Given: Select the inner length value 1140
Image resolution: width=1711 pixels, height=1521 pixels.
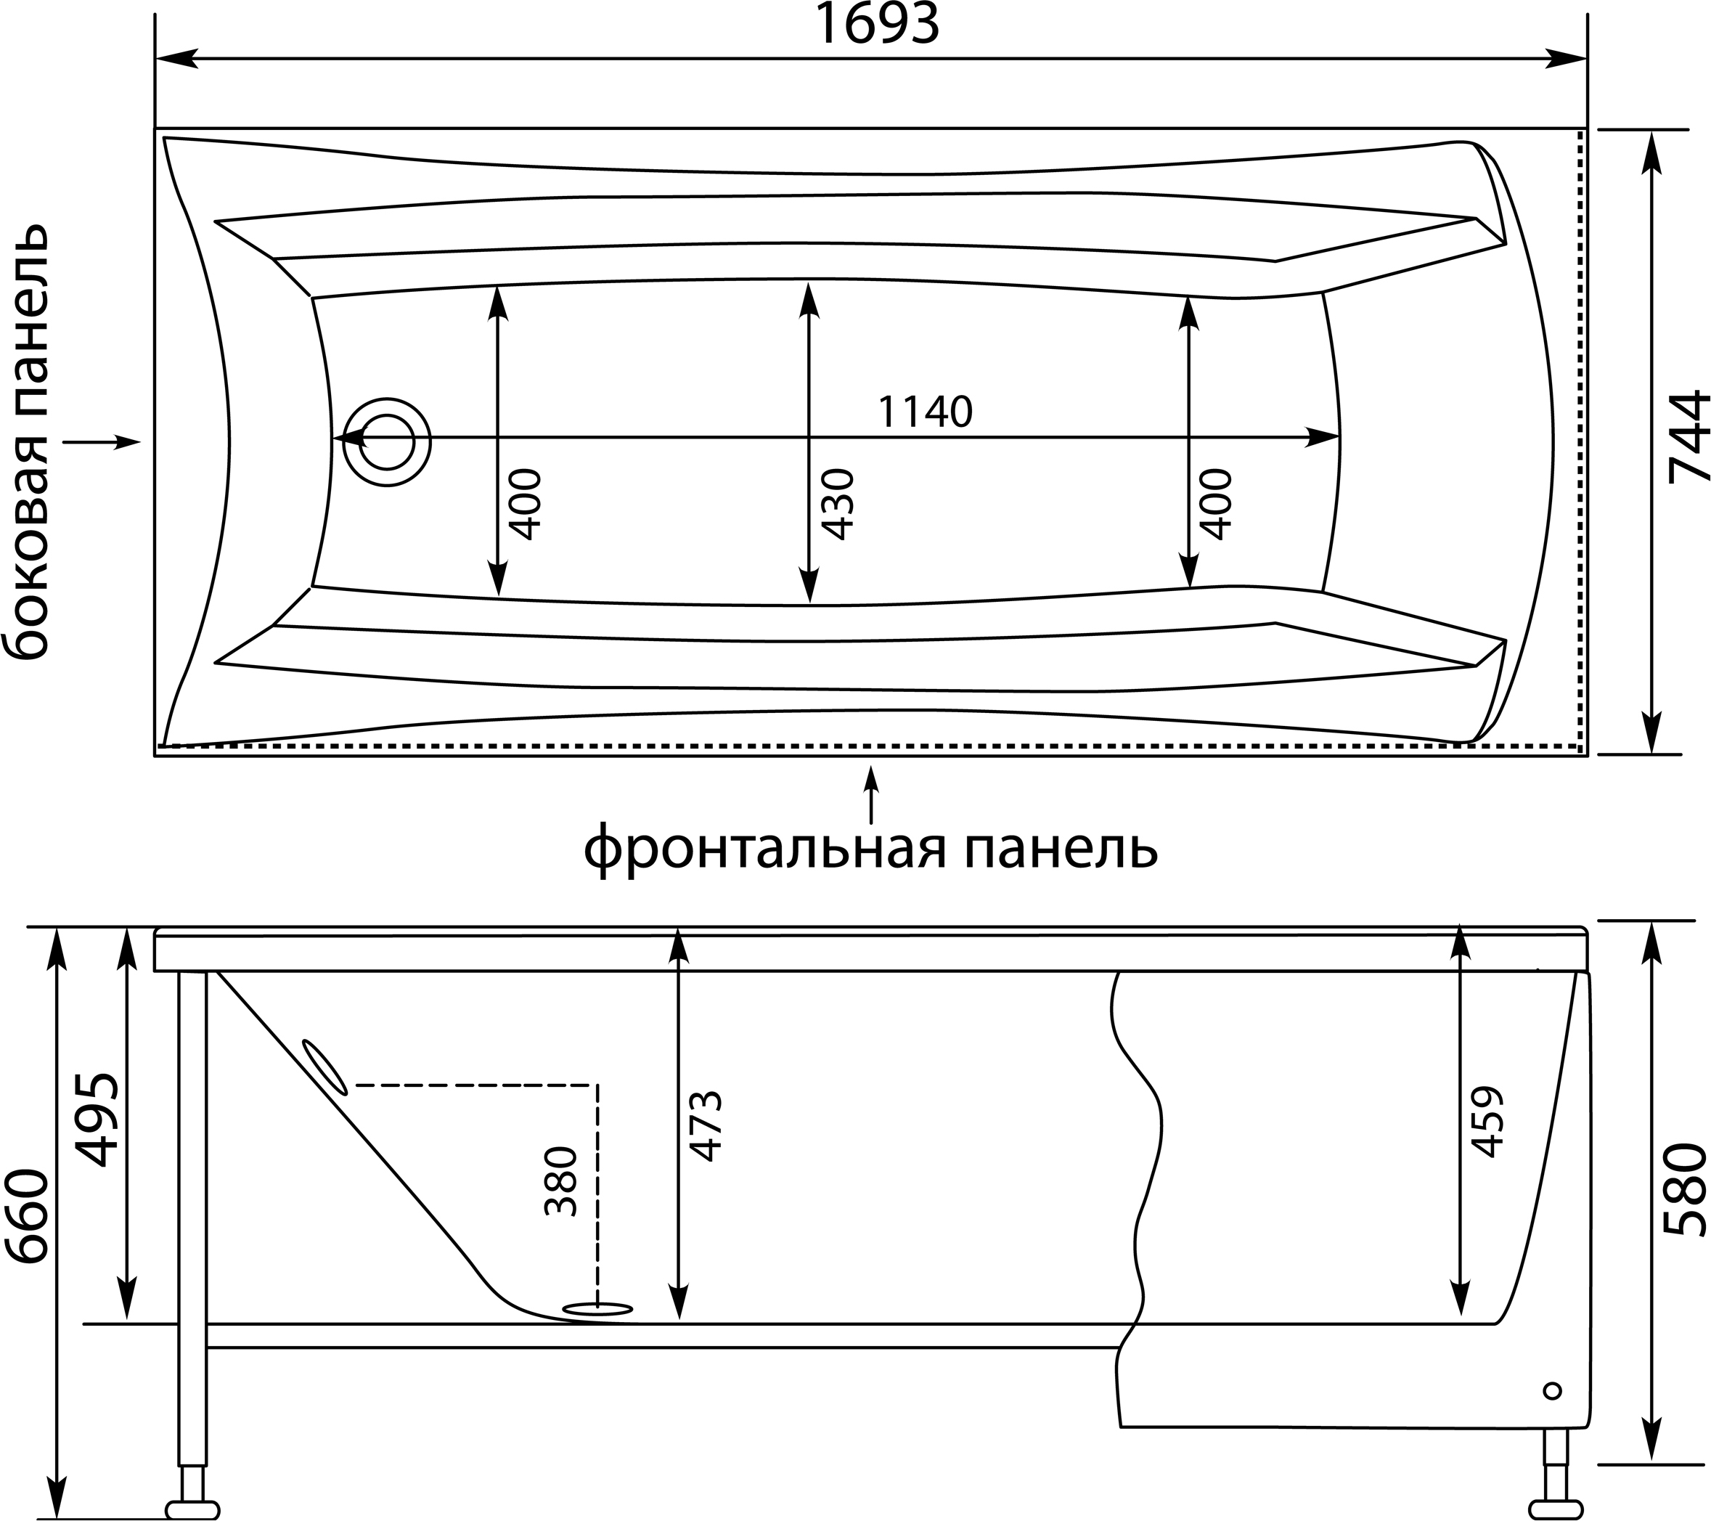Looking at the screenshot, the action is [925, 412].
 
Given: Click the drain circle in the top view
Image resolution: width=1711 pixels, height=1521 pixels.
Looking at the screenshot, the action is [387, 442].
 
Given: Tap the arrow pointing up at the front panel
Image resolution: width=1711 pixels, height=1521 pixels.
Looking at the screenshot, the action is [871, 794].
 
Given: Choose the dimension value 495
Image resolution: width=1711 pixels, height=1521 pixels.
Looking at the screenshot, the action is [98, 1120].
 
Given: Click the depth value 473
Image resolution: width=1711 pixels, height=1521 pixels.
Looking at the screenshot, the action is [704, 1126].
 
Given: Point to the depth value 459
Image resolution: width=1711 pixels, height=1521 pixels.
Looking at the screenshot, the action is [1487, 1122].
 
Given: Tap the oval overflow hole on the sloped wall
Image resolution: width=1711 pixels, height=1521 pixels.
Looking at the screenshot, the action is [324, 1067].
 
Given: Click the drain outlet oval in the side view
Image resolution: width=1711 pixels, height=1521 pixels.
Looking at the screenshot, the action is [597, 1309].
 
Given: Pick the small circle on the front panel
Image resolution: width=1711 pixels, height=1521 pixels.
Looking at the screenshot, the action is [1552, 1390].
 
